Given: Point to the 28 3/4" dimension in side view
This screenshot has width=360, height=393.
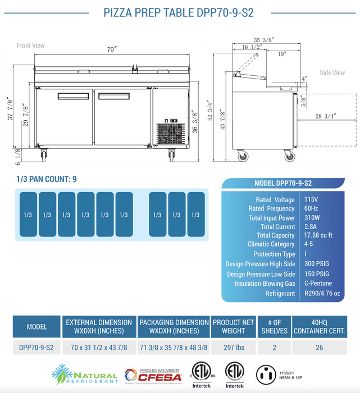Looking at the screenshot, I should pos(326,116).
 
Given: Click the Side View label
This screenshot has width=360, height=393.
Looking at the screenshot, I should pos(332,73).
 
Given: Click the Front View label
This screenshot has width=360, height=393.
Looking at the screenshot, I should pos(30,45).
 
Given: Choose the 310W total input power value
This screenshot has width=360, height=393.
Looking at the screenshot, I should pos(312,218).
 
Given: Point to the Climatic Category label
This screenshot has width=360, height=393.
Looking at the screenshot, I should pos(271,244).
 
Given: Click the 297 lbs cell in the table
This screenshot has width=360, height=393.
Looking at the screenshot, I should pos(233,348).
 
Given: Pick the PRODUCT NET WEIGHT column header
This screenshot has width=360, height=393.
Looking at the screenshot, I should pos(233,327).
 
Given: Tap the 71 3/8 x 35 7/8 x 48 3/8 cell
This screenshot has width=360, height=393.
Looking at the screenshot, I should pos(174,348).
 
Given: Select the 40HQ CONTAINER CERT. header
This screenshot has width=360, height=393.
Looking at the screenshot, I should pos(319,327).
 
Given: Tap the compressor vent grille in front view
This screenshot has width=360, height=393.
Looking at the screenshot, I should pos(170,132).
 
